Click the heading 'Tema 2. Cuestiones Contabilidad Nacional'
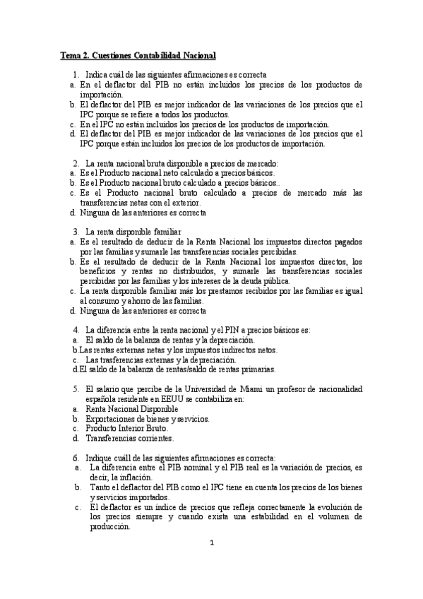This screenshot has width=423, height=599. click(x=138, y=54)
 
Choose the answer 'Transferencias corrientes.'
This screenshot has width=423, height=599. click(x=129, y=438)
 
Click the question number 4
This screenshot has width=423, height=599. click(x=76, y=330)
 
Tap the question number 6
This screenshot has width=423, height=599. click(x=76, y=457)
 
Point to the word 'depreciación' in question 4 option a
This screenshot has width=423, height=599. click(x=230, y=340)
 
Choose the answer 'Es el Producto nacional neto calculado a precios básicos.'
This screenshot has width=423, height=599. click(x=178, y=172)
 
